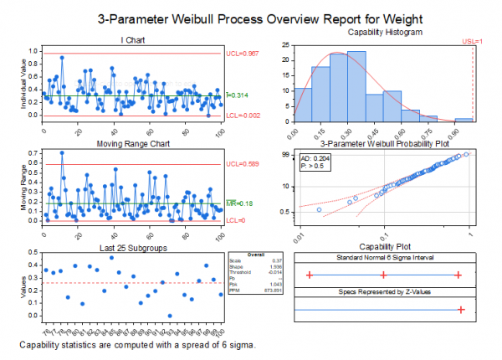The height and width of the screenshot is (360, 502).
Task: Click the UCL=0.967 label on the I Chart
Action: pyautogui.click(x=243, y=54)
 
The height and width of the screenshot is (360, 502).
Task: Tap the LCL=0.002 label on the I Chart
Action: pyautogui.click(x=243, y=116)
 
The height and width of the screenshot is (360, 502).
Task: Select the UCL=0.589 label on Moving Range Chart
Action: pyautogui.click(x=243, y=164)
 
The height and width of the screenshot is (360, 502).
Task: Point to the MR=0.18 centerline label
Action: pyautogui.click(x=241, y=203)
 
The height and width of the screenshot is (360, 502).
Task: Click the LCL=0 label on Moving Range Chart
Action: pyautogui.click(x=238, y=221)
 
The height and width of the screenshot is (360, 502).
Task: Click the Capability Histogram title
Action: pyautogui.click(x=384, y=31)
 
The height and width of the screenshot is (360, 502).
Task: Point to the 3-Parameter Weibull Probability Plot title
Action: pyautogui.click(x=384, y=143)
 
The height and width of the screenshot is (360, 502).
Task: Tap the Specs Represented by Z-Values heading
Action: pyautogui.click(x=384, y=291)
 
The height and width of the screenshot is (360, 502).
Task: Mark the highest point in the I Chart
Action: pyautogui.click(x=62, y=57)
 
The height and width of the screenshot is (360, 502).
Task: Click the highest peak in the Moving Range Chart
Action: pyautogui.click(x=62, y=152)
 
